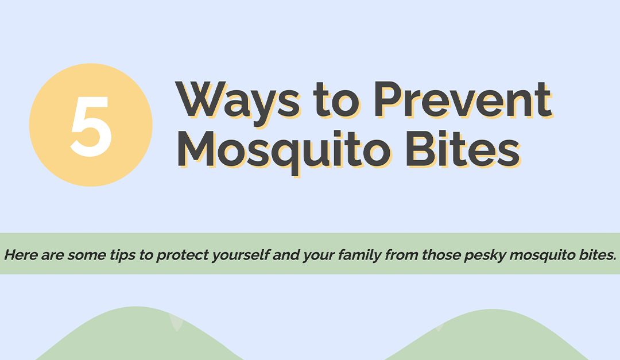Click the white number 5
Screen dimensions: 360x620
91,126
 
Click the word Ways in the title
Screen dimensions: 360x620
238,101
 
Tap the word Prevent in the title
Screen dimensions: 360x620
462,101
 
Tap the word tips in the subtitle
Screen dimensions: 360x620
122,254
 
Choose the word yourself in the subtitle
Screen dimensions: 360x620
239,254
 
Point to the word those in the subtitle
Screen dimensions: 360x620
440,254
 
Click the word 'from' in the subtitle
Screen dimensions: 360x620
402,254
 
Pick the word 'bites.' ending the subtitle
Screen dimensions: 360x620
597,254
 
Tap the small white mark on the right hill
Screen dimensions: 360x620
440,327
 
